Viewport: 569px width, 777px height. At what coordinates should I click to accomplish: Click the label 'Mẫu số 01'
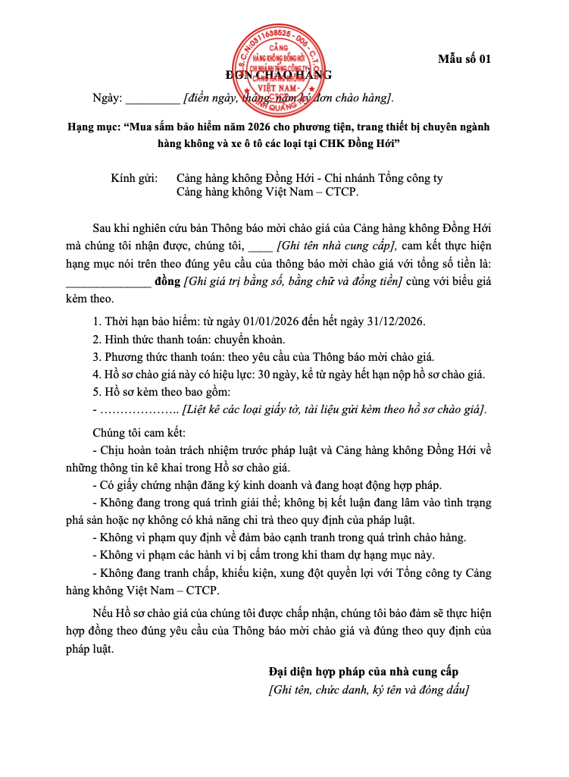pyautogui.click(x=465, y=58)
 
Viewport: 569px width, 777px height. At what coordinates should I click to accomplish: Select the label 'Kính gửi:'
pyautogui.click(x=134, y=178)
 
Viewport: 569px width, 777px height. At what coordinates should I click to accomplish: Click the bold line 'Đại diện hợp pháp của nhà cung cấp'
pyautogui.click(x=363, y=672)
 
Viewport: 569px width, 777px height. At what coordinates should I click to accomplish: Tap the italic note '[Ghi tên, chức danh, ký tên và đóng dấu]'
pyautogui.click(x=369, y=690)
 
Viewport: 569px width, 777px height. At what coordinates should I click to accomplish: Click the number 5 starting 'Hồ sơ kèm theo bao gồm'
pyautogui.click(x=95, y=393)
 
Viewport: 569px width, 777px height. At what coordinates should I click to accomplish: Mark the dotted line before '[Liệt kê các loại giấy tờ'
pyautogui.click(x=135, y=411)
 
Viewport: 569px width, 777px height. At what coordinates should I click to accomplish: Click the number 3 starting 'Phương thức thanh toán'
pyautogui.click(x=95, y=357)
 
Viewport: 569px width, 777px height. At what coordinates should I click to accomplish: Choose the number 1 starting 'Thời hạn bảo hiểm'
pyautogui.click(x=95, y=321)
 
